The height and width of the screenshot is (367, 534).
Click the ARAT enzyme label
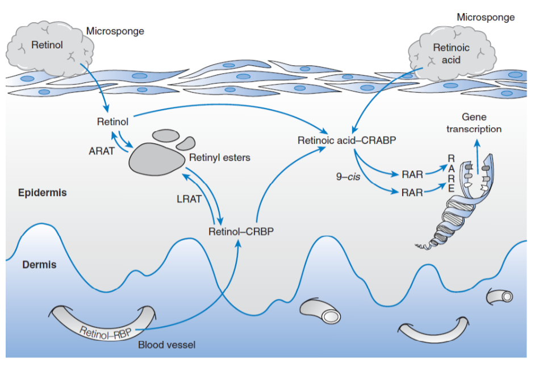click(102, 151)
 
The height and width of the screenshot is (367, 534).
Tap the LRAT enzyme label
click(189, 199)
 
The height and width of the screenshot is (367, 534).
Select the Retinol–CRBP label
click(241, 231)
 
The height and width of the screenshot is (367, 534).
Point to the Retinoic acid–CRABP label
click(347, 140)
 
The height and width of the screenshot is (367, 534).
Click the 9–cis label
click(348, 176)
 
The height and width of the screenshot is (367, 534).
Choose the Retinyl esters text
click(220, 157)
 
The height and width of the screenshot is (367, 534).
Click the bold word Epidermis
click(42, 193)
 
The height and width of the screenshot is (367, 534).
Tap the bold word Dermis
click(39, 265)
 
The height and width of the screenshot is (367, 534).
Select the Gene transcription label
click(474, 123)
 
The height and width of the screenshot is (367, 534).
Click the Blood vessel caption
click(166, 345)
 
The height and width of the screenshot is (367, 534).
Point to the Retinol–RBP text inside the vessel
click(105, 332)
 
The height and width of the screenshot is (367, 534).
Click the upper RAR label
click(412, 174)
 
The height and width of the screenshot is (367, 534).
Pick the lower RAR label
click(412, 193)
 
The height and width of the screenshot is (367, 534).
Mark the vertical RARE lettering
click(451, 173)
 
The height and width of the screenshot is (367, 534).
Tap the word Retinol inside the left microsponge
click(47, 45)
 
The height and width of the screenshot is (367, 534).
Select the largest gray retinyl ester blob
click(157, 159)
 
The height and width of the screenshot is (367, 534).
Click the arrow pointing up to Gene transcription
click(477, 157)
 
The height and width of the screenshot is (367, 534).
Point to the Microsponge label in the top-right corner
click(486, 18)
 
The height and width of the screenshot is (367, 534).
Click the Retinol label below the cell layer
click(112, 122)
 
